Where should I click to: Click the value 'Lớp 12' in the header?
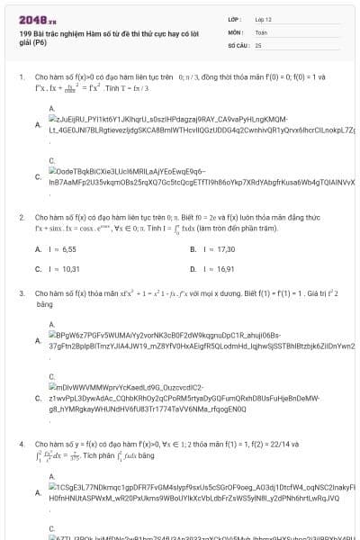264,18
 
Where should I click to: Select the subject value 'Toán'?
261,31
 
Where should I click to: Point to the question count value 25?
258,43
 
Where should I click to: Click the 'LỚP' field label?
235,18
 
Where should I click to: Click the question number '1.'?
22,77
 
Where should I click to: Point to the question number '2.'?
22,217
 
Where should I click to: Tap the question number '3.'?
22,293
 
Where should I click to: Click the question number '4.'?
22,444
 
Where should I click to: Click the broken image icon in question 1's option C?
52,170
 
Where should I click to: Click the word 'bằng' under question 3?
45,305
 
